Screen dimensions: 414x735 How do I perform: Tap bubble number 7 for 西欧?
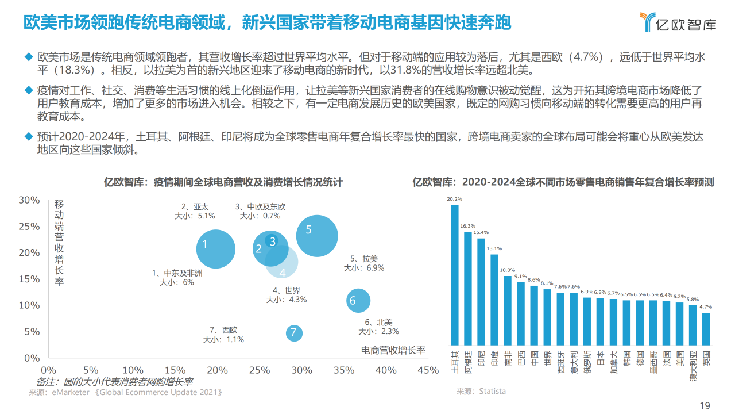pos(293,332)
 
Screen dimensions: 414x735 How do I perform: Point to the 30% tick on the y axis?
pos(29,200)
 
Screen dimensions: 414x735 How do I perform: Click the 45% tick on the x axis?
pos(428,370)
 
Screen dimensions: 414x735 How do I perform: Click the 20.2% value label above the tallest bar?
pos(455,200)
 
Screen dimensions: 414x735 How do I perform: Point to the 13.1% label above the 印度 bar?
pos(494,248)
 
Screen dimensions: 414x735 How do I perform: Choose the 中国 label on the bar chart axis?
pos(534,358)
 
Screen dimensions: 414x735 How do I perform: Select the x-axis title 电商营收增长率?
pos(393,350)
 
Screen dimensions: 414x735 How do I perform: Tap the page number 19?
pos(705,405)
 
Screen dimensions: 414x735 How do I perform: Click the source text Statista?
pos(494,391)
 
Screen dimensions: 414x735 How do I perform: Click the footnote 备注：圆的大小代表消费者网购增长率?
pos(114,381)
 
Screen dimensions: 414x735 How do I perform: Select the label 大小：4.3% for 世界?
pos(286,300)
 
